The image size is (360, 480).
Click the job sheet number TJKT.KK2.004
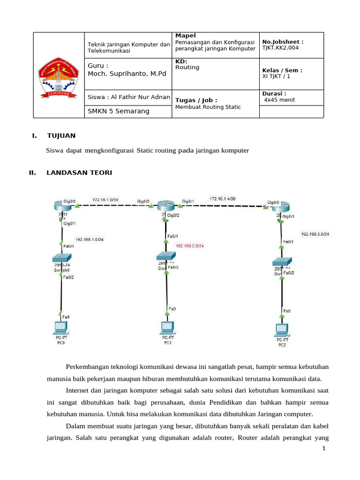280,48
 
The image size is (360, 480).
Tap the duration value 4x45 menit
280,100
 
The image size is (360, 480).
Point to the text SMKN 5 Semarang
119,111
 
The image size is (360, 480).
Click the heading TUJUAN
61,136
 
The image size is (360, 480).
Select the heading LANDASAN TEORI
79,173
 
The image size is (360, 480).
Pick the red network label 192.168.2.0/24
190,245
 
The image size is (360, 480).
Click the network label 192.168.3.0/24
315,233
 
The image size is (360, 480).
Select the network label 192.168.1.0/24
90,240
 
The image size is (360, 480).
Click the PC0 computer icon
60,329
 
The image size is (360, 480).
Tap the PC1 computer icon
166,327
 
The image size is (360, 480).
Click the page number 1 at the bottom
323,449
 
